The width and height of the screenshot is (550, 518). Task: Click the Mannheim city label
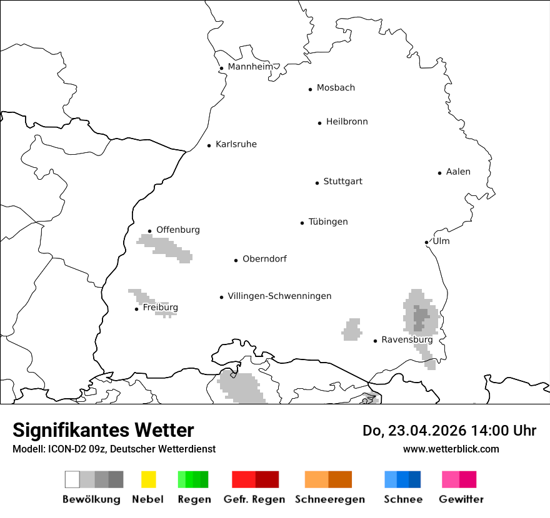coord(250,67)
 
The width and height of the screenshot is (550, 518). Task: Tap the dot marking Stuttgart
coord(317,183)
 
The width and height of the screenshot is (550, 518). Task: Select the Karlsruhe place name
coord(236,144)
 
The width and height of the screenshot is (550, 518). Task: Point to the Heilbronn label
coord(346,122)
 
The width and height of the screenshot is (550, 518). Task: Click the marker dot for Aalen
coord(439,173)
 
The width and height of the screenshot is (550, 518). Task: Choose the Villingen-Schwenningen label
coord(279,296)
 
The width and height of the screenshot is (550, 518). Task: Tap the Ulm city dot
coord(426,242)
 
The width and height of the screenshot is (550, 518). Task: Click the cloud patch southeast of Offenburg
coord(166,248)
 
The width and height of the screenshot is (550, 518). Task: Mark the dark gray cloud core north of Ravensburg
coord(421,317)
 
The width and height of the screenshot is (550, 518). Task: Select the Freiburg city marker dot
coord(136,309)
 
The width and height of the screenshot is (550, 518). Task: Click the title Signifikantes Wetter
coord(103,430)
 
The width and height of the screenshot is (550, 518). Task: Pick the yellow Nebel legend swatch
coord(148,479)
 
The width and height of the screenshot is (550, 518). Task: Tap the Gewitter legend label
coord(461,499)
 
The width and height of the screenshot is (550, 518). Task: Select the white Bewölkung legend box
coord(72,479)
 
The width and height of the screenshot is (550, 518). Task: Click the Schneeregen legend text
coord(329,499)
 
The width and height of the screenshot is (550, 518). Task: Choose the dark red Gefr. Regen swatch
coord(267,479)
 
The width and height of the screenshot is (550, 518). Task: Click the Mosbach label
coord(336,88)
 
